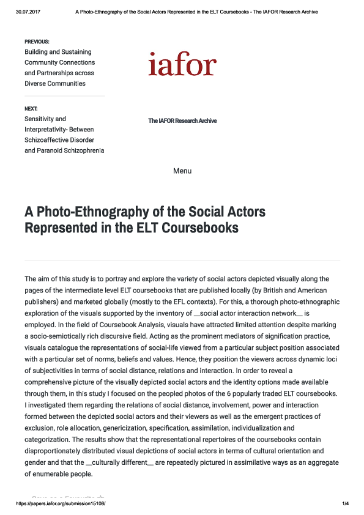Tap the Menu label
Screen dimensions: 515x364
182,171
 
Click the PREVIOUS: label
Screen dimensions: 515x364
37,42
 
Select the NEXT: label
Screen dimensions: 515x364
31,108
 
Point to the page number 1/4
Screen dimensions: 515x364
345,503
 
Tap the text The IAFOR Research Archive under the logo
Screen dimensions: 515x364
182,121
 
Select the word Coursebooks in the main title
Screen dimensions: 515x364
199,228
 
